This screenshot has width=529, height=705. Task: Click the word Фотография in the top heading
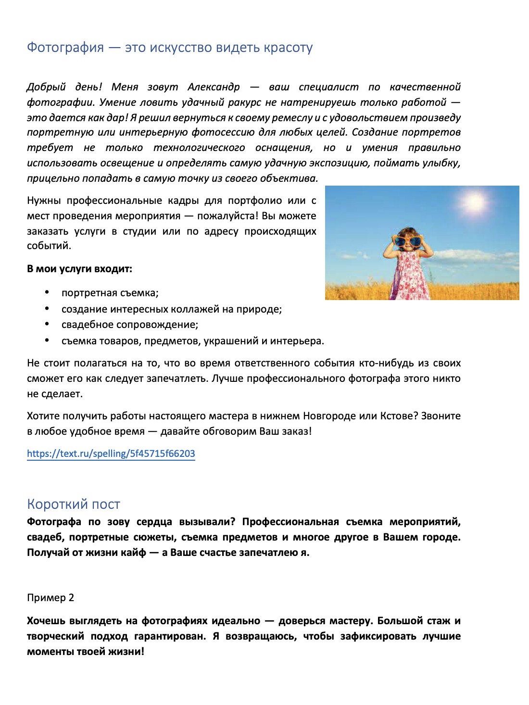65,48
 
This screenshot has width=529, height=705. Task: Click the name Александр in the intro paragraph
214,87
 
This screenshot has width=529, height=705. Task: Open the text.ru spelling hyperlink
111,453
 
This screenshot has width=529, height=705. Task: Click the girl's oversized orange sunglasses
408,240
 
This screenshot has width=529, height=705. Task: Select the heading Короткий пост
73,504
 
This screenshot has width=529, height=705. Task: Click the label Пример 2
50,598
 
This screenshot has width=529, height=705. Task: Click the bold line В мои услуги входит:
79,269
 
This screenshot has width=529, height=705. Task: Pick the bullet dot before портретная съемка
47,292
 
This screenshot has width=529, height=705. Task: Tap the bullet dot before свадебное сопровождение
47,324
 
